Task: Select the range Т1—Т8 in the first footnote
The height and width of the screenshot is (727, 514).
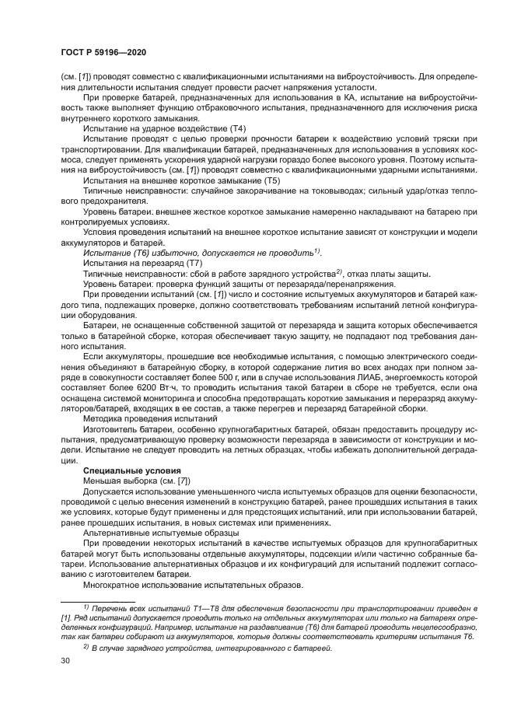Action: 190,606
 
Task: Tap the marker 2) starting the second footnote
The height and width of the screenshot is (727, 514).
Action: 86,645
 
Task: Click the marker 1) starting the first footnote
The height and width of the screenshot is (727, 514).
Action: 86,605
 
